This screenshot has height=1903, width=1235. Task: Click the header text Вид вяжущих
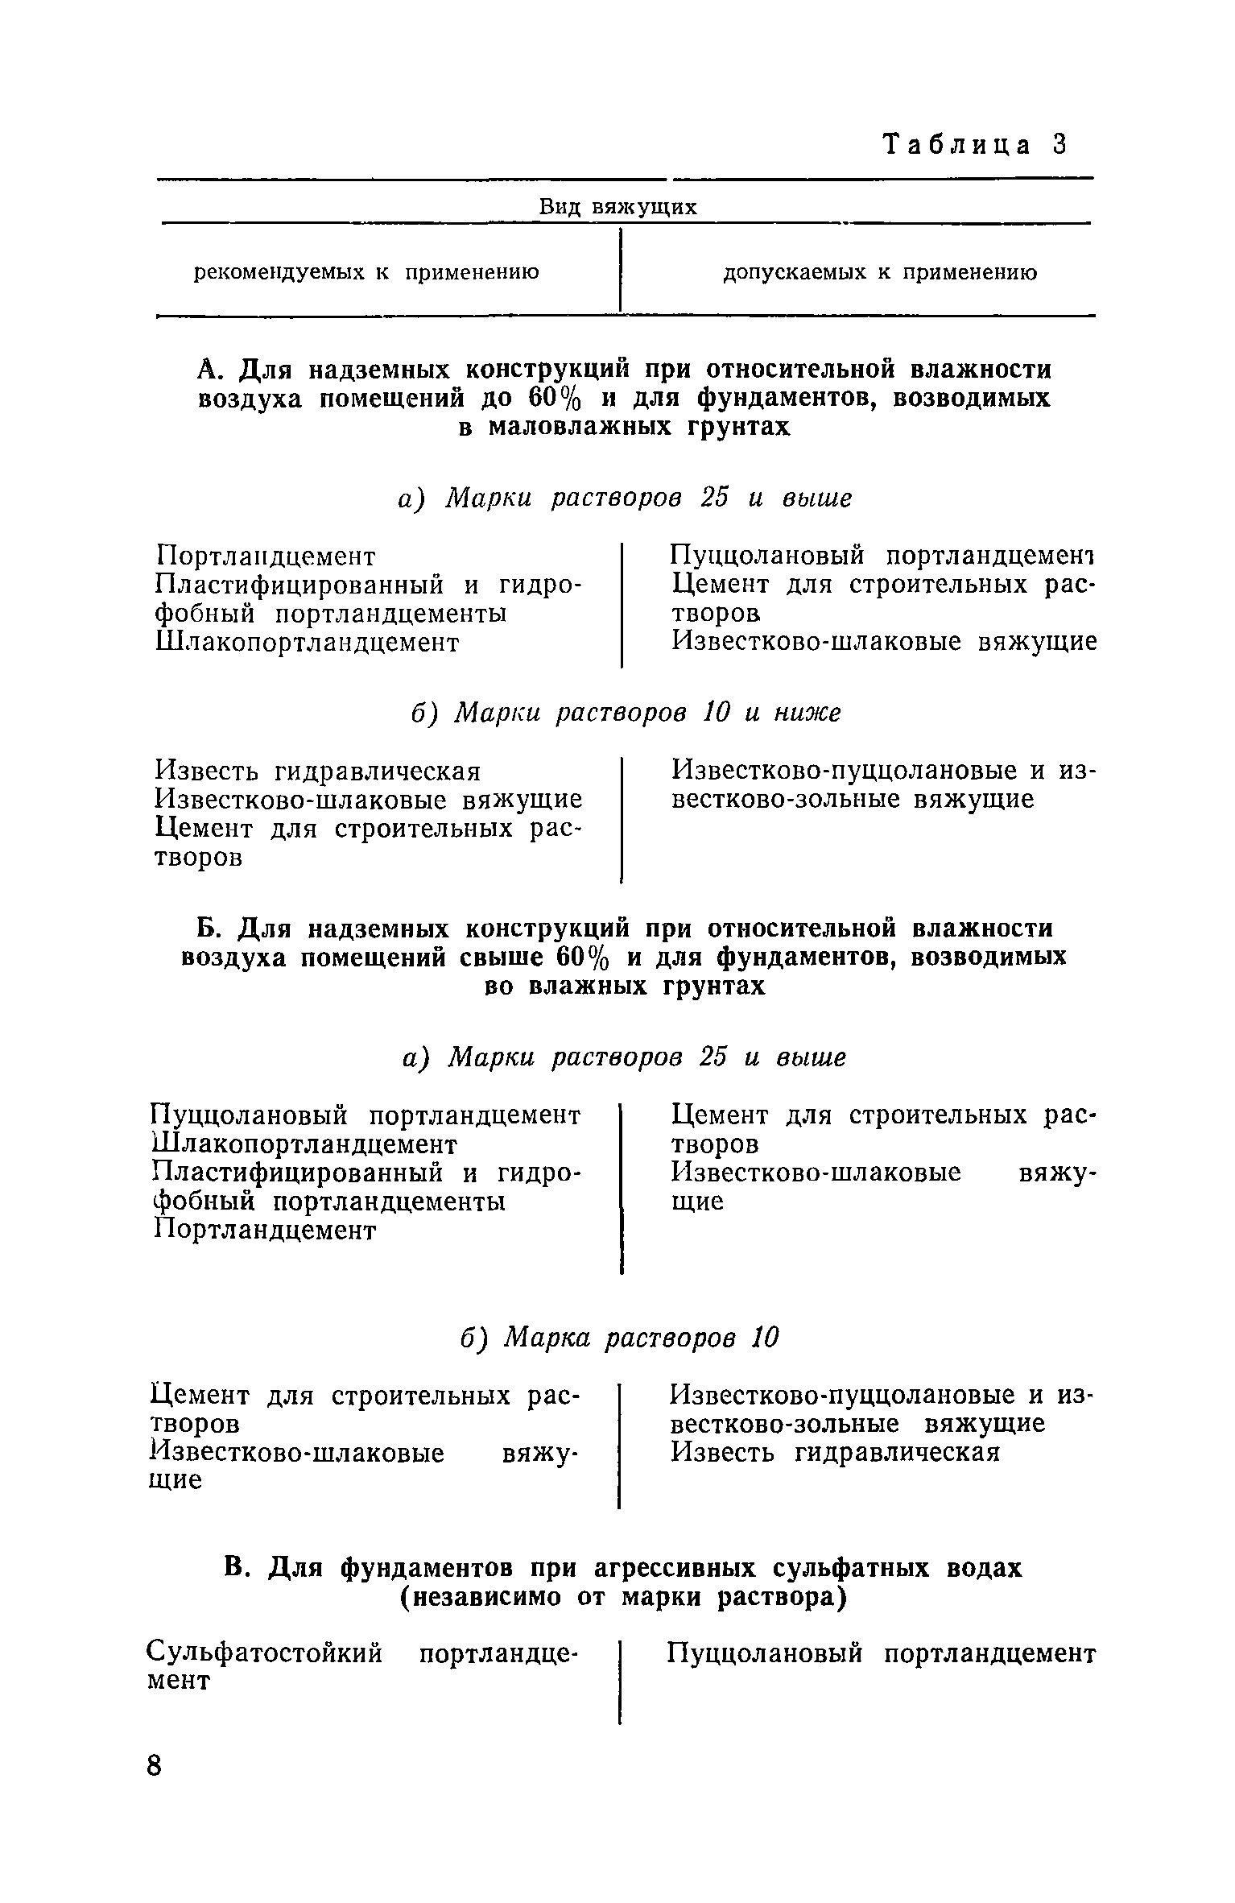tap(617, 207)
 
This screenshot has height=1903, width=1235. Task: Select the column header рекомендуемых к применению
tap(367, 273)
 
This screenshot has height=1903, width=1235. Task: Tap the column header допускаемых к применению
tap(879, 273)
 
